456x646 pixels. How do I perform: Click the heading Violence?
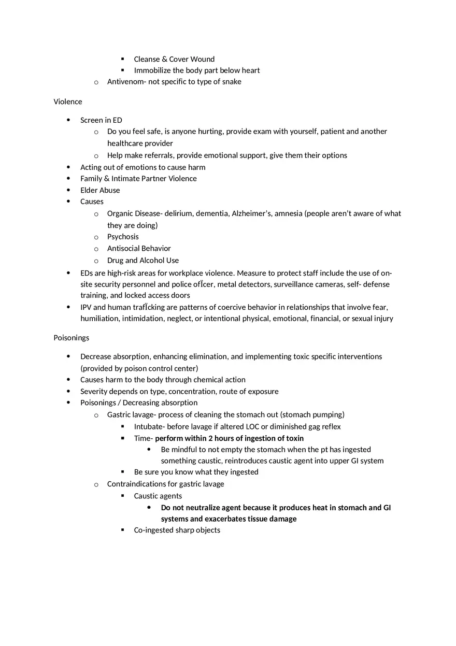[x=68, y=102]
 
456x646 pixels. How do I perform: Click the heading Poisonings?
[x=71, y=338]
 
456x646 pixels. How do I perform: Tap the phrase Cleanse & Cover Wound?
[x=174, y=59]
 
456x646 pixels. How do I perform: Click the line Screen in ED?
[x=101, y=120]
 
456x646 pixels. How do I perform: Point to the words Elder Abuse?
[x=100, y=190]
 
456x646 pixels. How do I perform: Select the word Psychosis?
[x=123, y=237]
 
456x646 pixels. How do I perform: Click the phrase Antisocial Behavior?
[x=139, y=249]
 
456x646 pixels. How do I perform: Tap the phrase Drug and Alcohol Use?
[x=143, y=261]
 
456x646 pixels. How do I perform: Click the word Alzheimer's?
[x=252, y=213]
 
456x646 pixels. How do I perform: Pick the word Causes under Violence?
[x=92, y=202]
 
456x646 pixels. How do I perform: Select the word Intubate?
[x=149, y=427]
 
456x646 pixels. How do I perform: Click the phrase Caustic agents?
[x=158, y=496]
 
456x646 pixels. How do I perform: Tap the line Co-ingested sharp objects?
[x=177, y=530]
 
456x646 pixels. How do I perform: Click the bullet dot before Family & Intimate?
[x=69, y=179]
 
